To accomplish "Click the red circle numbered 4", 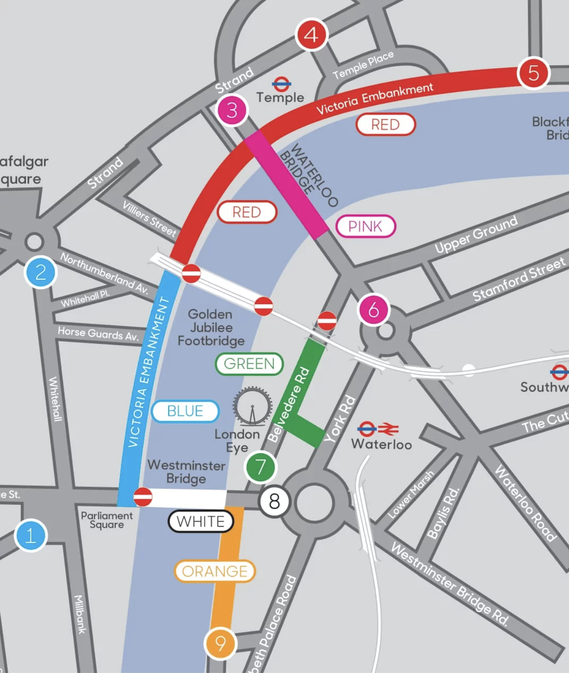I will pos(312,35).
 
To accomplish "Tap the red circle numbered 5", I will pos(533,73).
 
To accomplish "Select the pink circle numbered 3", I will pos(232,110).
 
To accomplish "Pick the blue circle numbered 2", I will pos(40,273).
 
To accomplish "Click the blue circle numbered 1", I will pos(30,535).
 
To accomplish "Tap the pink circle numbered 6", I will pos(374,310).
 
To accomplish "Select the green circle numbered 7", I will pos(260,467).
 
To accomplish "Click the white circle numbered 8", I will pos(274,502).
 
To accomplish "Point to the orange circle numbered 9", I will pos(220,643).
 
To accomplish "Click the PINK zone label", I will pos(365,227).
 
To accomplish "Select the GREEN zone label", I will pos(249,364).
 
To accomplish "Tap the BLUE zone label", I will pos(185,411).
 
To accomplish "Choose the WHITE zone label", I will pos(201,521).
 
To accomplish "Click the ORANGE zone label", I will pos(215,571).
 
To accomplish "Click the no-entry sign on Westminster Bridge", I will pos(143,497).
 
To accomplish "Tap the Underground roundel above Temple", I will pos(281,83).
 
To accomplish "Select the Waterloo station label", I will pos(381,444).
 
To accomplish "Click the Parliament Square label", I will pos(107,520).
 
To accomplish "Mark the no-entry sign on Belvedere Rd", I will pos(327,321).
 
